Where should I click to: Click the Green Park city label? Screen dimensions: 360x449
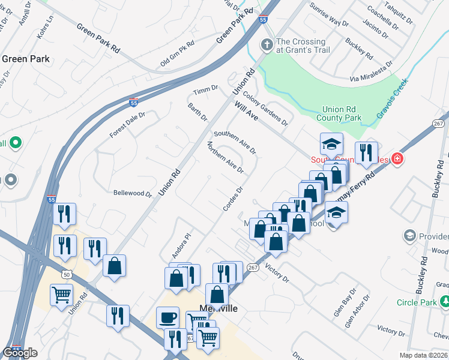(x=26, y=59)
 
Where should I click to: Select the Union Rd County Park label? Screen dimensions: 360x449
(x=342, y=114)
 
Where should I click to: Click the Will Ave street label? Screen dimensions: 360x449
(x=246, y=111)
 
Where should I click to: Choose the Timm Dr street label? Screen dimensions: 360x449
(x=205, y=90)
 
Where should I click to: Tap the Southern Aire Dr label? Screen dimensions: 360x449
(x=235, y=142)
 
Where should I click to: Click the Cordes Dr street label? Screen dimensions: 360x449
(x=232, y=199)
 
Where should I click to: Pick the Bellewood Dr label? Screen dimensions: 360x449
(x=133, y=193)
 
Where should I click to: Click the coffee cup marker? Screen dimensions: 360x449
(x=167, y=316)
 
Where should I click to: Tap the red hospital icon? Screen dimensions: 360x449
(x=397, y=159)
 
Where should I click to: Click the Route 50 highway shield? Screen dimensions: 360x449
(x=64, y=274)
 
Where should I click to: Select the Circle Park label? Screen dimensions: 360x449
(x=417, y=302)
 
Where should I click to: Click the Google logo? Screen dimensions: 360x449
(x=20, y=352)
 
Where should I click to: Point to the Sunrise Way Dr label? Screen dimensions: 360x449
(x=329, y=15)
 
